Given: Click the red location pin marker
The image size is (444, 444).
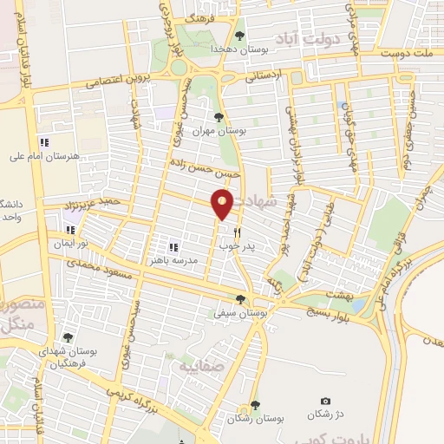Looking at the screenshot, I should (x=222, y=205).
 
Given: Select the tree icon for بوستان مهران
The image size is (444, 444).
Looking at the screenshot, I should (x=218, y=117).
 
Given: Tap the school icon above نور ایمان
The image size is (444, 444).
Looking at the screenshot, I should (x=70, y=232).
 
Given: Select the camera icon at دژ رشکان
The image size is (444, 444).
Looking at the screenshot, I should (x=325, y=401).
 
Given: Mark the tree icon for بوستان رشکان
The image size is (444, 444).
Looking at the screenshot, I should (x=253, y=404).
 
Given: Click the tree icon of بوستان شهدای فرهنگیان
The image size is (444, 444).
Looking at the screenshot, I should (x=68, y=337).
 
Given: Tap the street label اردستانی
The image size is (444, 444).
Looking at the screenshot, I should (x=264, y=75).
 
